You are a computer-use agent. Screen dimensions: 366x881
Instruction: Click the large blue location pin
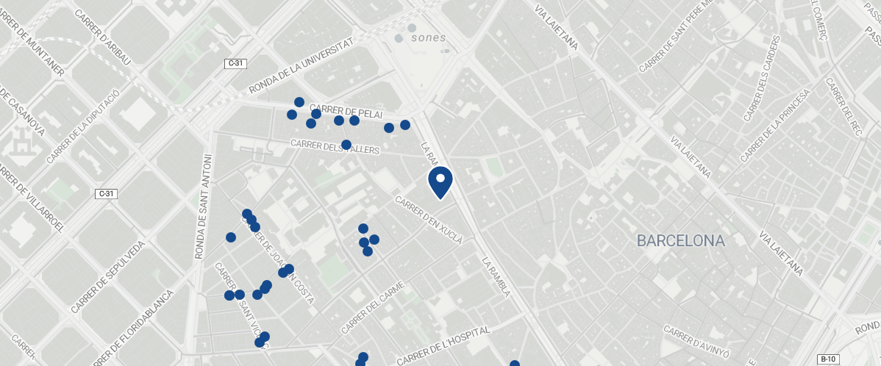tap(440, 182)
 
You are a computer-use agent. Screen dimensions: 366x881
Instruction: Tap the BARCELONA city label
tap(680, 240)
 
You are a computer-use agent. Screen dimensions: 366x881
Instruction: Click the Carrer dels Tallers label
tap(335, 147)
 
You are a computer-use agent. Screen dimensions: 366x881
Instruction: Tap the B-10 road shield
tap(829, 359)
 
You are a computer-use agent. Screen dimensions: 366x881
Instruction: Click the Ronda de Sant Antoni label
tap(204, 207)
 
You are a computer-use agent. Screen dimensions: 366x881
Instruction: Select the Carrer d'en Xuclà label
tap(429, 220)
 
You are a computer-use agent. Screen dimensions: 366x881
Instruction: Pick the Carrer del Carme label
tap(373, 307)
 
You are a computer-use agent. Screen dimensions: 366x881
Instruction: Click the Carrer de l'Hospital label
tap(443, 345)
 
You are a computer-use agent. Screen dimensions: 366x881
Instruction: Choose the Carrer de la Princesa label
tap(775, 125)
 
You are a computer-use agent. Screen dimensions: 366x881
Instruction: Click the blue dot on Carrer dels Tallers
tap(346, 145)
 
